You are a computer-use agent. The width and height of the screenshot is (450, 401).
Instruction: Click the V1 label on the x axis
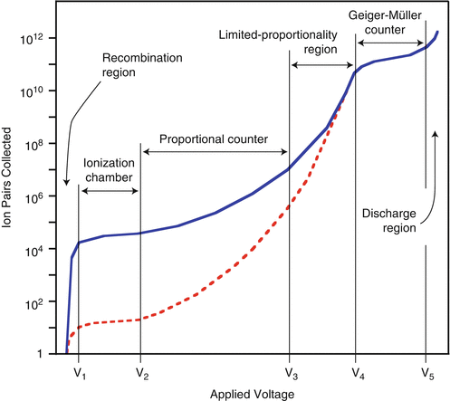point(79,371)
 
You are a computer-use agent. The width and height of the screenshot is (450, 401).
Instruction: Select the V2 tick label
point(139,371)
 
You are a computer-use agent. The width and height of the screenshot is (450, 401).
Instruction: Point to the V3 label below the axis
point(289,371)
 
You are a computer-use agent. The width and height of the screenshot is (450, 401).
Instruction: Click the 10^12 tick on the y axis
point(44,38)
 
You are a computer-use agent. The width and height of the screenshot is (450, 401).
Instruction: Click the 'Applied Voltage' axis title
point(247,393)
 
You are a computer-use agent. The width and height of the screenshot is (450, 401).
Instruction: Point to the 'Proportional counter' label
point(214,139)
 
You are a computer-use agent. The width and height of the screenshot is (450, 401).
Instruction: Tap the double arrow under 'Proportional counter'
point(214,153)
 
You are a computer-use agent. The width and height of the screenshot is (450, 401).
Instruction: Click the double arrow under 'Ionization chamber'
point(110,191)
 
